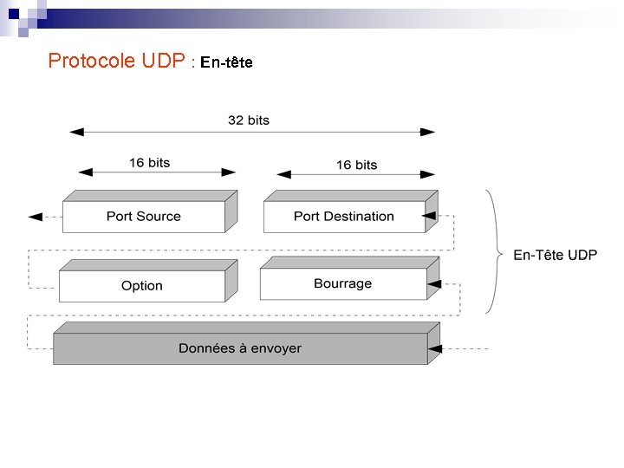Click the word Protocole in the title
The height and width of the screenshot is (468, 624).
[x=91, y=61]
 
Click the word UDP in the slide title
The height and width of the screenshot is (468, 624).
[x=163, y=61]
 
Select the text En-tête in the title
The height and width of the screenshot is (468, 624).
[x=226, y=62]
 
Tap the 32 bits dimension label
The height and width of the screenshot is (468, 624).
[x=249, y=120]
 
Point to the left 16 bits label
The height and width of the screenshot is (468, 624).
[x=149, y=162]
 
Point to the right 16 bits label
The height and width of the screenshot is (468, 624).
[x=356, y=165]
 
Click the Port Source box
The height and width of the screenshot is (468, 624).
[x=144, y=216]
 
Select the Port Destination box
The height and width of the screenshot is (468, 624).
[x=343, y=216]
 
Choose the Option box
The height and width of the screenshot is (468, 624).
[x=142, y=285]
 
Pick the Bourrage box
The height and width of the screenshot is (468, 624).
[x=342, y=283]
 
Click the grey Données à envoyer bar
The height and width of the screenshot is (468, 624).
[x=240, y=348]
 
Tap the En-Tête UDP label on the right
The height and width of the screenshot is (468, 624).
[x=555, y=255]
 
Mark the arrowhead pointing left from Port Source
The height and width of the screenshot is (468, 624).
[x=35, y=217]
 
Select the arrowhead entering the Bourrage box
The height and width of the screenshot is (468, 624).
[x=433, y=283]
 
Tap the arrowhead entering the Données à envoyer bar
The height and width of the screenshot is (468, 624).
[x=435, y=348]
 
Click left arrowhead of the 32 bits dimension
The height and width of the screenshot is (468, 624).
[x=76, y=132]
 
